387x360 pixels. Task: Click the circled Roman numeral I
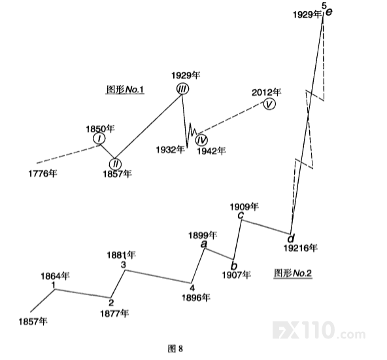coord(99,139)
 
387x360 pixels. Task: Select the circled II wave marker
coord(116,164)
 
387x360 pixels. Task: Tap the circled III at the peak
coord(182,89)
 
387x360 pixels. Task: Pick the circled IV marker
coord(201,140)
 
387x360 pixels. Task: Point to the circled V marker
coord(269,104)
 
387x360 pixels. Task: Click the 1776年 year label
coord(42,173)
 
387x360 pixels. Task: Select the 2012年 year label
coord(266,92)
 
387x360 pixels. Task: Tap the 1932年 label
coord(171,149)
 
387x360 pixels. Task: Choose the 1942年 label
coord(211,151)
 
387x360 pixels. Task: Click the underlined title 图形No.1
coord(125,90)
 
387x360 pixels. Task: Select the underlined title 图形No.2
coord(293,274)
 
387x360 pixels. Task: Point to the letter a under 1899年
coord(203,244)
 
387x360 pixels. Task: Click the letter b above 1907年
coord(233,266)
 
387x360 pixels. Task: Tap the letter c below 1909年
coord(241,215)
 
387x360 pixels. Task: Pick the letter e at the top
coord(329,12)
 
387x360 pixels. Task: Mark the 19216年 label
coord(300,248)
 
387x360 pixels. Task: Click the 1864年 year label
coord(56,276)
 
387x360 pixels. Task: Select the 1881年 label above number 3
coord(121,255)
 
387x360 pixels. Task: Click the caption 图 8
coord(175,349)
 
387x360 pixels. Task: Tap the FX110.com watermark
coord(319,330)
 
